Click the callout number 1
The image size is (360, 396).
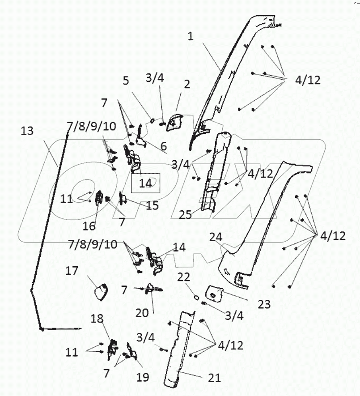pyautogui.click(x=191, y=37)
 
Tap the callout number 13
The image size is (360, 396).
pyautogui.click(x=27, y=131)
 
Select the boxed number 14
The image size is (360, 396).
pyautogui.click(x=145, y=183)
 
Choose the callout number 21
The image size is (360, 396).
pyautogui.click(x=214, y=378)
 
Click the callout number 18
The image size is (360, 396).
pyautogui.click(x=97, y=319)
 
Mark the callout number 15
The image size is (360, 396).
pyautogui.click(x=152, y=205)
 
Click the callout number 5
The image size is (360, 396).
pyautogui.click(x=126, y=81)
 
